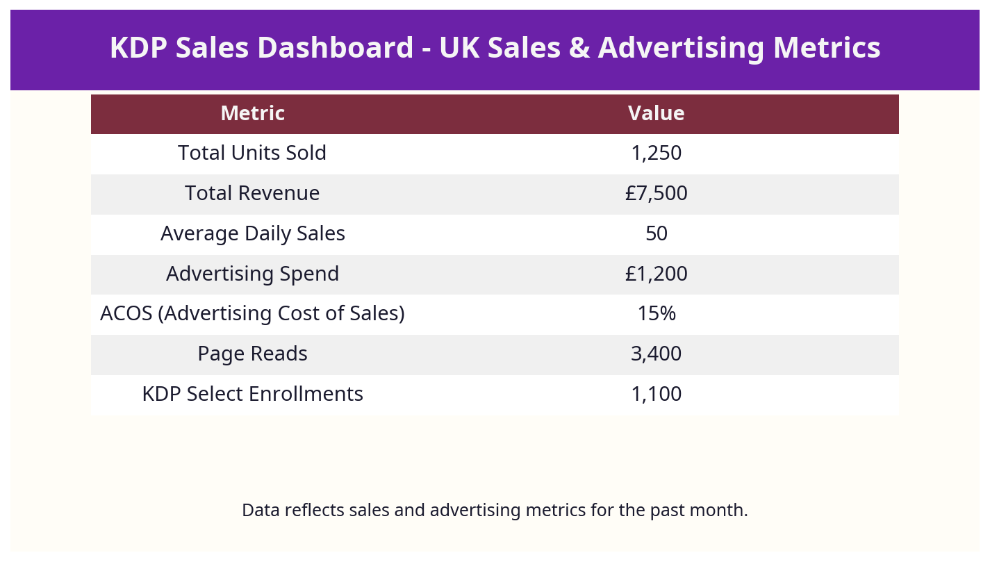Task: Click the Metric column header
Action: click(x=252, y=113)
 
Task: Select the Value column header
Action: click(x=656, y=113)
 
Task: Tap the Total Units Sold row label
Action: click(x=252, y=153)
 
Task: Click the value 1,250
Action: click(x=656, y=153)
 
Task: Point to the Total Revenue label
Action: click(x=252, y=193)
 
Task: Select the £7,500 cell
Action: click(x=656, y=193)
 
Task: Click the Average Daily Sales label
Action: click(x=252, y=233)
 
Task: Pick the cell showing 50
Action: click(x=656, y=233)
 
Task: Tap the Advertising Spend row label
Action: click(x=252, y=274)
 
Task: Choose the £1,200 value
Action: click(x=656, y=274)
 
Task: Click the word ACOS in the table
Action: click(x=126, y=314)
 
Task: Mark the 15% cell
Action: click(x=656, y=314)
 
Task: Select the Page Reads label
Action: click(x=252, y=354)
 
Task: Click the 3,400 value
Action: click(x=656, y=354)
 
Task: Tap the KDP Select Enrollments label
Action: click(x=252, y=394)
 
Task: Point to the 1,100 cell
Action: click(x=656, y=394)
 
